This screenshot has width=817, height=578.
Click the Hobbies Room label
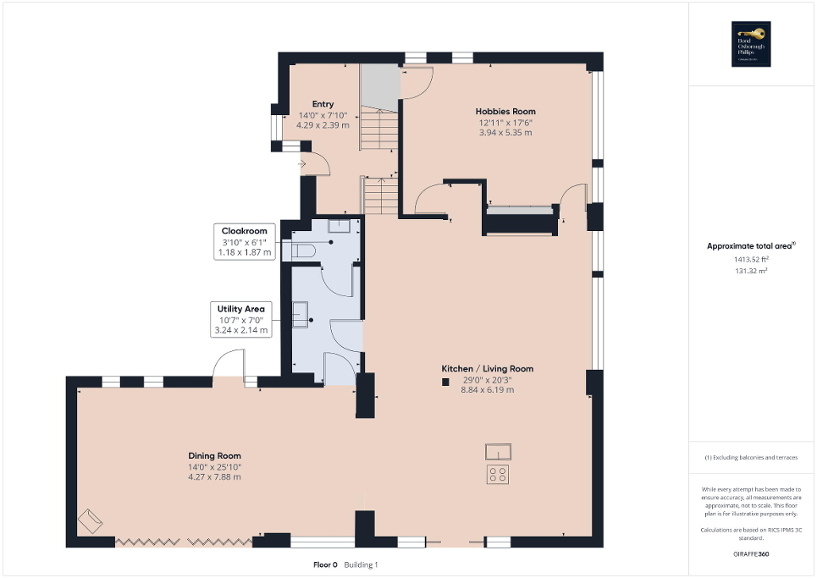point(505,111)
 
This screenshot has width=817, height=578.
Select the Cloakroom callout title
point(245,230)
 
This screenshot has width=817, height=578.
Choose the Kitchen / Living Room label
point(487,368)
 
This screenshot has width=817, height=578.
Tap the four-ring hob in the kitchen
point(498,474)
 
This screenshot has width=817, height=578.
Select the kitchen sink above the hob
point(498,450)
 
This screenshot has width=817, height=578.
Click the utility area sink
point(301,314)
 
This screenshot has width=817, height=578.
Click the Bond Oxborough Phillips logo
point(748,44)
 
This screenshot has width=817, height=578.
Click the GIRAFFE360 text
point(752,554)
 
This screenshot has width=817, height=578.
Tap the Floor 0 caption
point(325,564)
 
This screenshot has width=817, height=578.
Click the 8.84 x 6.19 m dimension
point(487,389)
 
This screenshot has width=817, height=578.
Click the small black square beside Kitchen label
point(444,382)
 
